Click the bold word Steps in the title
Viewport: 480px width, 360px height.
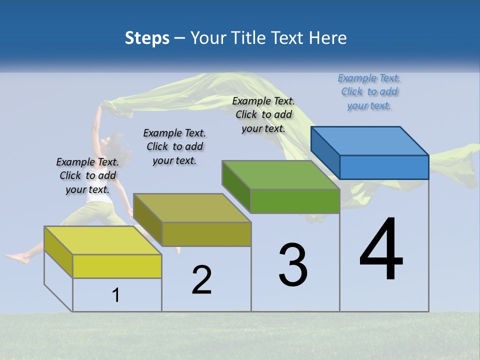click(147, 38)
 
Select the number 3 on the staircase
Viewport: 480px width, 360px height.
click(293, 265)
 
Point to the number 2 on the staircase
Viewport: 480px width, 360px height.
click(202, 280)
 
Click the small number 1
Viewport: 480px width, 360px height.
click(115, 295)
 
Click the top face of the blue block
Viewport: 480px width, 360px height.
click(370, 140)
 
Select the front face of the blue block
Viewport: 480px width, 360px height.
click(384, 167)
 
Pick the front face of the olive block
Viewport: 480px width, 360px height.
click(206, 234)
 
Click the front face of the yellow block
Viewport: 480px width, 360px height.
click(117, 266)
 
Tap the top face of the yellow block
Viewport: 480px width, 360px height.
click(103, 240)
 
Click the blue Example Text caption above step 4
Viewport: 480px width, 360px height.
click(369, 91)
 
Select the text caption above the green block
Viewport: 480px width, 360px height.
click(263, 114)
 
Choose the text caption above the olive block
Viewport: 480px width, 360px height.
click(174, 146)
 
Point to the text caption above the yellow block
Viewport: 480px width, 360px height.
click(87, 175)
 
